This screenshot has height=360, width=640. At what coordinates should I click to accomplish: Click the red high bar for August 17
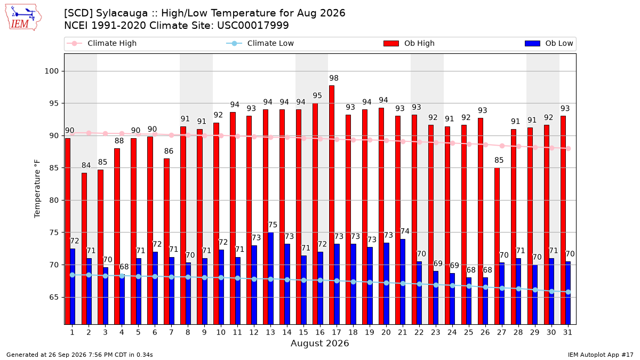tap(331, 205)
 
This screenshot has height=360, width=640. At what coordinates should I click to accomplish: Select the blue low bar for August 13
tap(270, 278)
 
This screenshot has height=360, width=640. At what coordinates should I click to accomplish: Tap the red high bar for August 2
tap(84, 249)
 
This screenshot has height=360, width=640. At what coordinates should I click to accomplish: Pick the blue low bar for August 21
tap(403, 282)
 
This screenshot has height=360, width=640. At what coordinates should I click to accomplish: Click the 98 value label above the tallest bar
tap(334, 78)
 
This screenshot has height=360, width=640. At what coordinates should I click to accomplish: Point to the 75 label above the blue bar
tap(273, 225)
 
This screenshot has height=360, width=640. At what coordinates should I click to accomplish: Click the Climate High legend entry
tap(101, 43)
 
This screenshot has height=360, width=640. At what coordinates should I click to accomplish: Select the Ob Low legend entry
tap(549, 43)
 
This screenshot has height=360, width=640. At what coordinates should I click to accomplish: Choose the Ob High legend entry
tap(409, 43)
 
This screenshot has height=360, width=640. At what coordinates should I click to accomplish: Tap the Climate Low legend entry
tap(260, 43)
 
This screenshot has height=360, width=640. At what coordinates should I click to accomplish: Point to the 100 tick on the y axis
tap(52, 71)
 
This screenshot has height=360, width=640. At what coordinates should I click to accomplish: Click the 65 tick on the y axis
tap(54, 297)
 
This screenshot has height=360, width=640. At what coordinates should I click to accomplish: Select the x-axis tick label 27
tap(501, 332)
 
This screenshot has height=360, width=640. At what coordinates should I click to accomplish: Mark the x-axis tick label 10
tap(221, 332)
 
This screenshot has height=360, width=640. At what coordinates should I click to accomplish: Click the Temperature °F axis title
tap(37, 189)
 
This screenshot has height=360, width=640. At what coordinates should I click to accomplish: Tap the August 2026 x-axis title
tap(319, 343)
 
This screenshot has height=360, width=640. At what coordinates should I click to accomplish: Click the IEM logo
tap(23, 18)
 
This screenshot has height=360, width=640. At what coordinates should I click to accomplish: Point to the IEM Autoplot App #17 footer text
tap(601, 355)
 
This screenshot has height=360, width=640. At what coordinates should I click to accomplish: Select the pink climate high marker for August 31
tap(569, 149)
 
